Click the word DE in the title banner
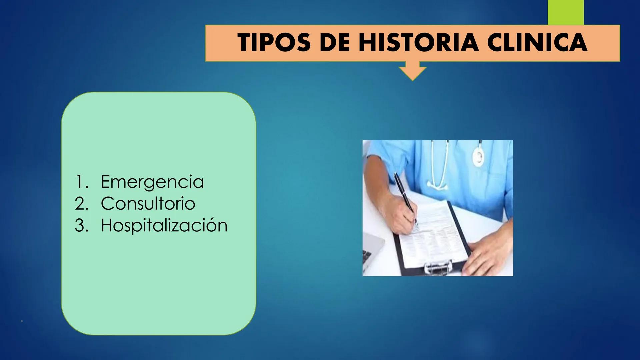(x=335, y=43)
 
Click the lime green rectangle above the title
(x=566, y=12)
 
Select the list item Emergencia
(x=152, y=182)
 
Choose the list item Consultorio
(x=148, y=203)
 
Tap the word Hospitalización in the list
(x=164, y=225)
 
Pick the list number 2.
(x=81, y=203)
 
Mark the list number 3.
(x=81, y=225)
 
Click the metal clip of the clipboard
(x=439, y=267)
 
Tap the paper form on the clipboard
(x=437, y=233)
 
